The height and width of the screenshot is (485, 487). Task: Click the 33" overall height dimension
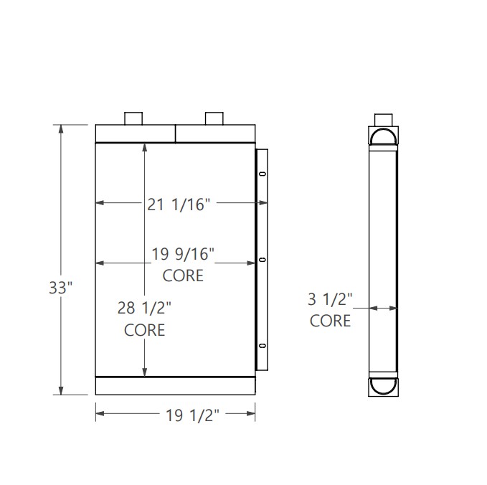point(61,288)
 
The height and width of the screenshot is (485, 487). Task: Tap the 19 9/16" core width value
point(184,253)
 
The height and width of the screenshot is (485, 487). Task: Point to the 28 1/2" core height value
point(144,308)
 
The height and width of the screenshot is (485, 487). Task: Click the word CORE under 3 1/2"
point(330,321)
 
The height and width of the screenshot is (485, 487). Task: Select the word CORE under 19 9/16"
point(184,276)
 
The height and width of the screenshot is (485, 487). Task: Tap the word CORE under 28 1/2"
point(144,330)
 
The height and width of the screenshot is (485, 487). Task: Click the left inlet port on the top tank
point(135,118)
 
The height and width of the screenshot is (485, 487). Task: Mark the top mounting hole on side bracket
point(262,174)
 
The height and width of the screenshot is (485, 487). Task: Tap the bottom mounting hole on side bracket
point(262,347)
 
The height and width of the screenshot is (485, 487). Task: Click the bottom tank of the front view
point(176,385)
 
